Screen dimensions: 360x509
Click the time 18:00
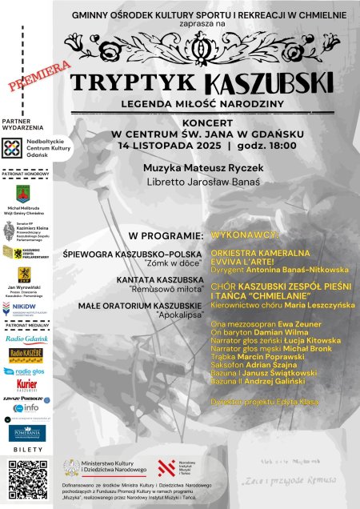click(278, 146)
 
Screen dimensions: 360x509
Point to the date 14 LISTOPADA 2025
click(167, 146)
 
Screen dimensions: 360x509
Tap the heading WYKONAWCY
click(244, 235)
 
